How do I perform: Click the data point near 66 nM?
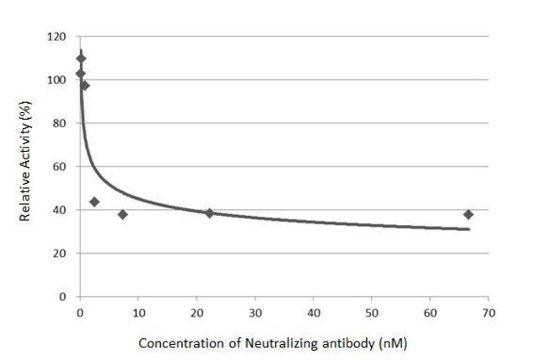468,214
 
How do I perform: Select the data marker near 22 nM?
209,213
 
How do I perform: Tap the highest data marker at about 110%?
81,58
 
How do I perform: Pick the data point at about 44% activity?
94,201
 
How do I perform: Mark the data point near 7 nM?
122,214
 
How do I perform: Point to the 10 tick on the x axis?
137,312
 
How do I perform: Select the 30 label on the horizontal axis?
255,312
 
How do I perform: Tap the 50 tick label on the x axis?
371,312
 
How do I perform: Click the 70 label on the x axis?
488,312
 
